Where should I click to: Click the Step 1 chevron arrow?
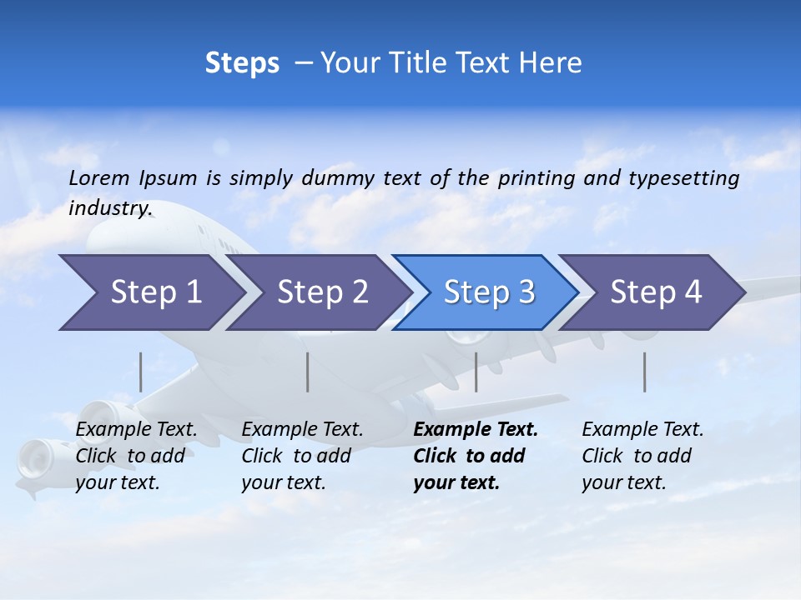(150, 292)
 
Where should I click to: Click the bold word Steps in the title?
(242, 63)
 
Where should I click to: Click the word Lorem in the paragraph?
(99, 177)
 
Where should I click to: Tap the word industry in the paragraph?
(109, 207)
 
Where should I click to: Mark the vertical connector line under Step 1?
(141, 372)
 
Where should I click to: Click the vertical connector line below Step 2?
(308, 372)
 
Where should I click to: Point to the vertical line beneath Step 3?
(476, 372)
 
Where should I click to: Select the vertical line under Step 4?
(644, 372)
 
